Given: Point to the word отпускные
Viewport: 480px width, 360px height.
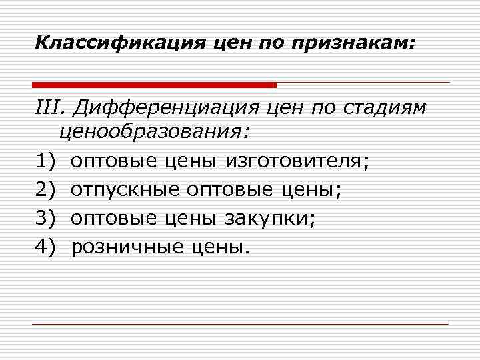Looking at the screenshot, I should click(x=125, y=190).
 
